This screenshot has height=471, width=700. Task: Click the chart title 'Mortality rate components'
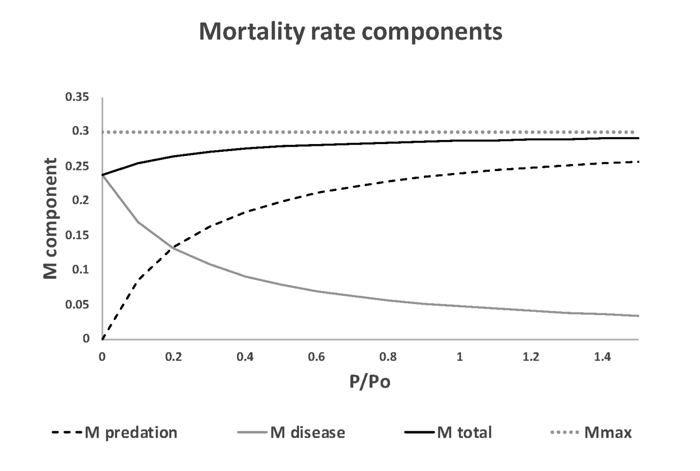(x=350, y=31)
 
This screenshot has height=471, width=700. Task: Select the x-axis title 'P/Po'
(x=370, y=382)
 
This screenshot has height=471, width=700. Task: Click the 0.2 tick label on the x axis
(x=174, y=357)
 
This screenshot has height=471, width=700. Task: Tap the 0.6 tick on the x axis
(x=316, y=357)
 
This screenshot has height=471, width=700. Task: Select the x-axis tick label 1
(x=459, y=357)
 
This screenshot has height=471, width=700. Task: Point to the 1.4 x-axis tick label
(x=602, y=357)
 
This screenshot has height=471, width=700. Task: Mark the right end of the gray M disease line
(x=638, y=316)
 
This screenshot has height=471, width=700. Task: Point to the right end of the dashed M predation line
(x=638, y=162)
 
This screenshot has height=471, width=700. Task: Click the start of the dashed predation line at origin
(x=103, y=339)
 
